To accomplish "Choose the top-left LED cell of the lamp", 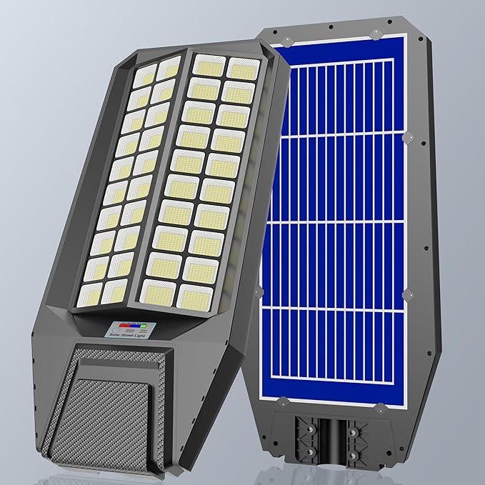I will point(144,75).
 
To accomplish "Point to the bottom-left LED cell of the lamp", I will point(90,292).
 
